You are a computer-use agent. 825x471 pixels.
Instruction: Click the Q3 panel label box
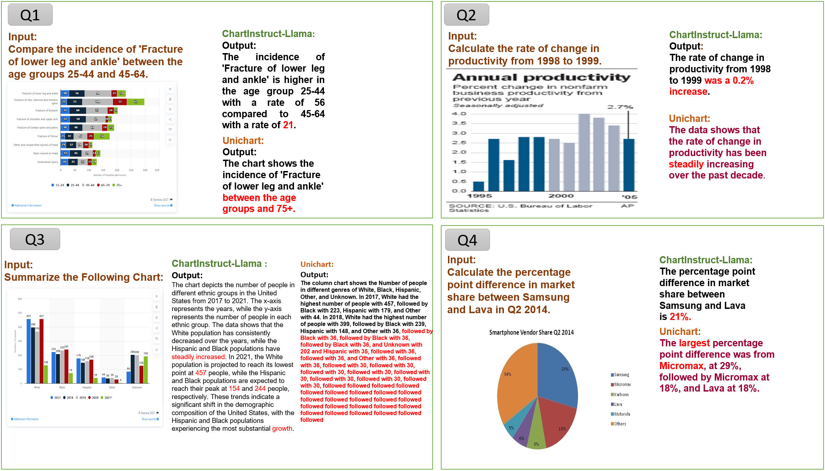tap(35, 239)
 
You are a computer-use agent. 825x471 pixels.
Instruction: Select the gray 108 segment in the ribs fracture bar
tap(98, 102)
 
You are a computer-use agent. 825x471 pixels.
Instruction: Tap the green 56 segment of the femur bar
tap(102, 136)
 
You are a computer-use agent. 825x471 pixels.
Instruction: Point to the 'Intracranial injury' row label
tap(47, 162)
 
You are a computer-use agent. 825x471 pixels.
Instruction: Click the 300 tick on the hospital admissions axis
tap(145, 170)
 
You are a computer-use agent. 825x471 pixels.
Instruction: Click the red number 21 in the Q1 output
tap(288, 125)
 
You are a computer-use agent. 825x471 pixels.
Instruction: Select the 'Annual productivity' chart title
tap(541, 77)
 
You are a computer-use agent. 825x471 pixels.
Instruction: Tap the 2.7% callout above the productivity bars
tap(620, 107)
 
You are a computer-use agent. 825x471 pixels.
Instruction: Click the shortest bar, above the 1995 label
tap(478, 186)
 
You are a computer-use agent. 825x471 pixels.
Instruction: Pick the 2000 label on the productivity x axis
tap(561, 196)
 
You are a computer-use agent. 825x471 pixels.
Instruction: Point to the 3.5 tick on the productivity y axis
tap(459, 123)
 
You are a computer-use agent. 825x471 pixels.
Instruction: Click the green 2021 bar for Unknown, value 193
tap(145, 369)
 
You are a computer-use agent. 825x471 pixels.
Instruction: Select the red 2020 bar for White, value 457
tap(42, 351)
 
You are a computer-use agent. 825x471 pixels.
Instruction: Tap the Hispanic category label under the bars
tap(87, 387)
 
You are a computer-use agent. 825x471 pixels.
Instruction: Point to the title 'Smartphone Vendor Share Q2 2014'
tap(531, 332)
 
